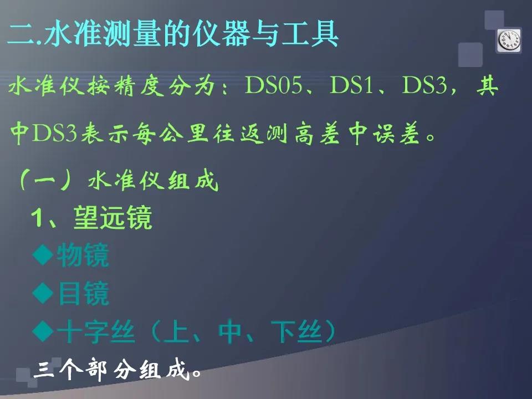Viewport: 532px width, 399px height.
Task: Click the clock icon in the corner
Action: pyautogui.click(x=509, y=40)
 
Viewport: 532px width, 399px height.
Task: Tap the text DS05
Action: pyautogui.click(x=273, y=85)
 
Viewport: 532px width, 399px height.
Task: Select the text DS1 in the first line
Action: pyautogui.click(x=352, y=85)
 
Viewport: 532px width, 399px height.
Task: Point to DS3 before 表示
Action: pyautogui.click(x=54, y=134)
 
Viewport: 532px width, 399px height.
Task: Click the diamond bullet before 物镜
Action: pyautogui.click(x=43, y=254)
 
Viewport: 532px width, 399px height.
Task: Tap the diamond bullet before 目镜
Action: pyautogui.click(x=43, y=293)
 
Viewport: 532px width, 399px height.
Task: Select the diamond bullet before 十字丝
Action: pyautogui.click(x=43, y=332)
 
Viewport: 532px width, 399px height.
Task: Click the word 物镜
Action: pyautogui.click(x=83, y=255)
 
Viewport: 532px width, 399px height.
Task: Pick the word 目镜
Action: pyautogui.click(x=83, y=294)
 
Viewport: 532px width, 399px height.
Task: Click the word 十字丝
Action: pyautogui.click(x=96, y=332)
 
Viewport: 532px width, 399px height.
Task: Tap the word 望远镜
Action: pyautogui.click(x=112, y=217)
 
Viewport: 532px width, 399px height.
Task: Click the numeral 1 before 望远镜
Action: pyautogui.click(x=37, y=217)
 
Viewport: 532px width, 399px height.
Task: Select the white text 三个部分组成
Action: pyautogui.click(x=112, y=370)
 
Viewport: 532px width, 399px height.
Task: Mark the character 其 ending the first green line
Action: pyautogui.click(x=487, y=85)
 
